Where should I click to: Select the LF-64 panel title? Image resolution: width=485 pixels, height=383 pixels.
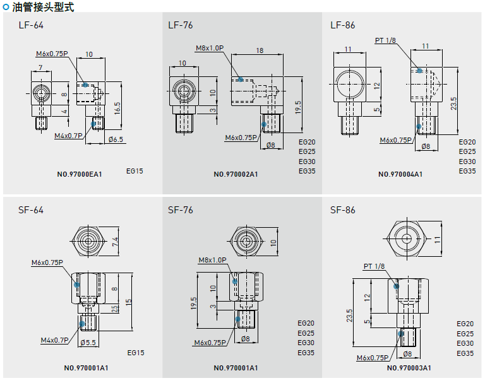click(31, 25)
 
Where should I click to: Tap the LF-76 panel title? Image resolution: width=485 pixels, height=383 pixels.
click(181, 25)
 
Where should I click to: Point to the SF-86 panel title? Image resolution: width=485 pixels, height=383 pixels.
click(343, 209)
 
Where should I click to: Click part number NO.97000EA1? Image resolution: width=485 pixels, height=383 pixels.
click(79, 174)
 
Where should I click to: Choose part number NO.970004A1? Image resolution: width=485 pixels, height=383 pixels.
click(400, 174)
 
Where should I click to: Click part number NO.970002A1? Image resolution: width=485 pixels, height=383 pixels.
click(236, 174)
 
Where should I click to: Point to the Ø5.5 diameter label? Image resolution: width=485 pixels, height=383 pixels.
click(88, 343)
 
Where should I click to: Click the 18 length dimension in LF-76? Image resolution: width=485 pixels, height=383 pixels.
click(260, 50)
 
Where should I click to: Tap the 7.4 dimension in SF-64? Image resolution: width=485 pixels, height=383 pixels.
click(114, 241)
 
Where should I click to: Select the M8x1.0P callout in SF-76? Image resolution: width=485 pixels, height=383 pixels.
click(212, 260)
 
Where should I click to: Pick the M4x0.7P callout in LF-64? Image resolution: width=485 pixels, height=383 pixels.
click(68, 136)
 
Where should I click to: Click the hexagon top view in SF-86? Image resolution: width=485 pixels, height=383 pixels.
click(408, 239)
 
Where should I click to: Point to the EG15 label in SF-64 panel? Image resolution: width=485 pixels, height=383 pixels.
click(136, 353)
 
